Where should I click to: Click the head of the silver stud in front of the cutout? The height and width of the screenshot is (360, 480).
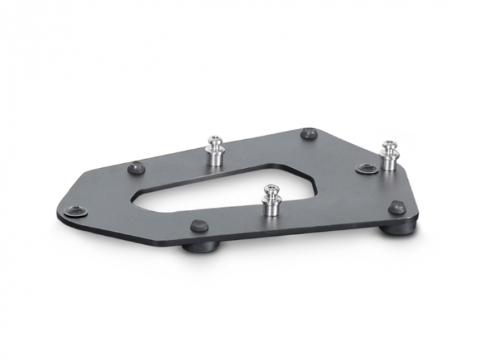pyautogui.click(x=272, y=189)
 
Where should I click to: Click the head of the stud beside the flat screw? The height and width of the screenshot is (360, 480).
pyautogui.click(x=389, y=146)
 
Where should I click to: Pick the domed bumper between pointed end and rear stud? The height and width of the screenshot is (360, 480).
pyautogui.click(x=136, y=167)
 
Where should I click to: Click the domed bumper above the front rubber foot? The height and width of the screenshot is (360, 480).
pyautogui.click(x=199, y=226)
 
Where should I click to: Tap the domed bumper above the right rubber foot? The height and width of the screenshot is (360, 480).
pyautogui.click(x=396, y=207)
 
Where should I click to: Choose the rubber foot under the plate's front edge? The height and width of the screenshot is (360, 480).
pyautogui.click(x=201, y=245)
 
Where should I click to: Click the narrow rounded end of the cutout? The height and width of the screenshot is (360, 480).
pyautogui.click(x=137, y=202)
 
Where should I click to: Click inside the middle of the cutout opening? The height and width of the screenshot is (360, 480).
pyautogui.click(x=219, y=189)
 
